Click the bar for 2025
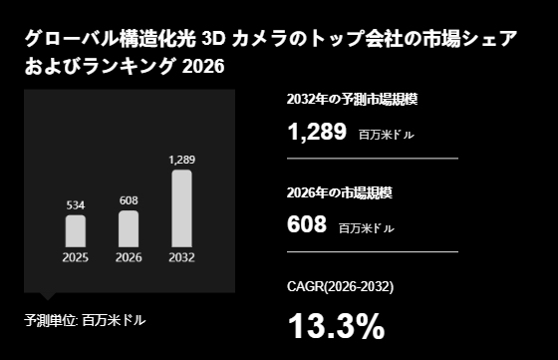click(x=76, y=230)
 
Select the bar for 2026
click(x=129, y=228)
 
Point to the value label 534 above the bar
click(x=76, y=205)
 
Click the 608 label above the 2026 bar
click(x=129, y=200)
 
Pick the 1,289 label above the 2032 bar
click(x=181, y=160)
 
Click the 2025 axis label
click(x=76, y=257)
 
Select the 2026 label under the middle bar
click(x=129, y=257)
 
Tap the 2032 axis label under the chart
click(x=181, y=257)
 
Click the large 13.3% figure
click(x=336, y=326)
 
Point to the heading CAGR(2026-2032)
click(x=340, y=287)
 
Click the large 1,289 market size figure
click(x=317, y=131)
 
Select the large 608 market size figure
click(x=306, y=225)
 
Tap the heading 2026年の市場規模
click(x=338, y=192)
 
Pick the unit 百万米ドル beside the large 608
click(x=366, y=228)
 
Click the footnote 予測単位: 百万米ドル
click(x=85, y=320)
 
